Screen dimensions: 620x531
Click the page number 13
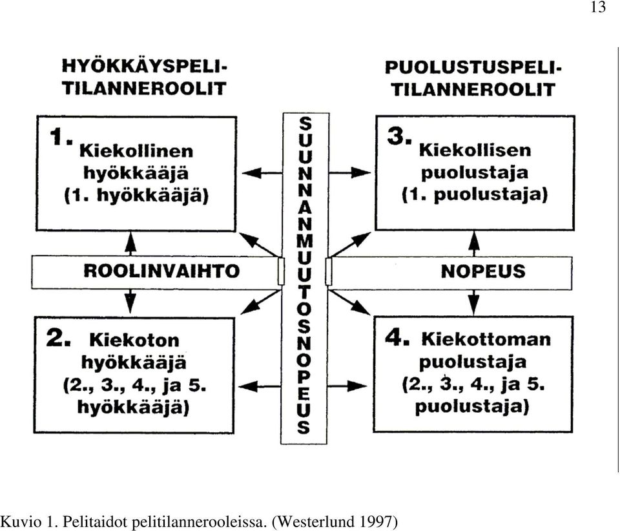click(x=598, y=8)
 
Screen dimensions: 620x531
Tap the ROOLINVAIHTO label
click(x=161, y=271)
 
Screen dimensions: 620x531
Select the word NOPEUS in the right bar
click(x=483, y=271)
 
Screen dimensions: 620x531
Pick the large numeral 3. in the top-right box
click(x=400, y=136)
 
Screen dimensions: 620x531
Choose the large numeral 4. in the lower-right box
click(x=397, y=338)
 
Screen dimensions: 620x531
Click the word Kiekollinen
click(x=136, y=151)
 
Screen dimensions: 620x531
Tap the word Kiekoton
click(x=134, y=340)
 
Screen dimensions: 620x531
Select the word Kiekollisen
click(x=475, y=151)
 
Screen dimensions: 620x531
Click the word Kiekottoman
click(x=486, y=340)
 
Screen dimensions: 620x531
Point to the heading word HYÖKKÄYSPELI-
click(x=144, y=67)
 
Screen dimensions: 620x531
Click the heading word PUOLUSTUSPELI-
click(x=473, y=68)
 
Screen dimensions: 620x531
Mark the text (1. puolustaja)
click(x=475, y=195)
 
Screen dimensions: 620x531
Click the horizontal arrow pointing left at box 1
click(x=262, y=172)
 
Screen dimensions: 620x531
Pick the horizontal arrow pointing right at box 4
click(x=348, y=386)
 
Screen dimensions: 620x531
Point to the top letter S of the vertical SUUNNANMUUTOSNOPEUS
click(x=305, y=124)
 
